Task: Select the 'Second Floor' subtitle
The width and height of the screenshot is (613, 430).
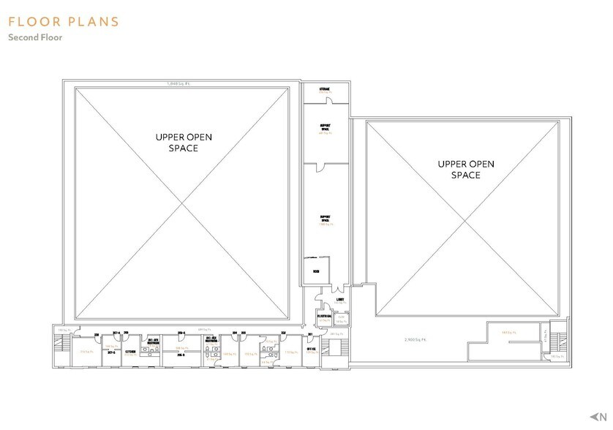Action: tap(35, 38)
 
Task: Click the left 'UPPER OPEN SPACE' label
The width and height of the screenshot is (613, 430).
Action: tap(176, 142)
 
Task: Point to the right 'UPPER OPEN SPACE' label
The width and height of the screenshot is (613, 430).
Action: tap(465, 169)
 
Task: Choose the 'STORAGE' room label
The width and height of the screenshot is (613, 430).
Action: tap(324, 90)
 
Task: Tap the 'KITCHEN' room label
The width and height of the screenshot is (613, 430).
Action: tap(130, 352)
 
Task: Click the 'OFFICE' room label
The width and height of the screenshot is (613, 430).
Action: tap(310, 350)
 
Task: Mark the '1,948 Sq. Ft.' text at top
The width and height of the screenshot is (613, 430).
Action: tap(178, 83)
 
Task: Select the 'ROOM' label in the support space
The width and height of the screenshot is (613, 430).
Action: tap(316, 272)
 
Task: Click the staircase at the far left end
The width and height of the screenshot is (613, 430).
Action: tap(61, 342)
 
